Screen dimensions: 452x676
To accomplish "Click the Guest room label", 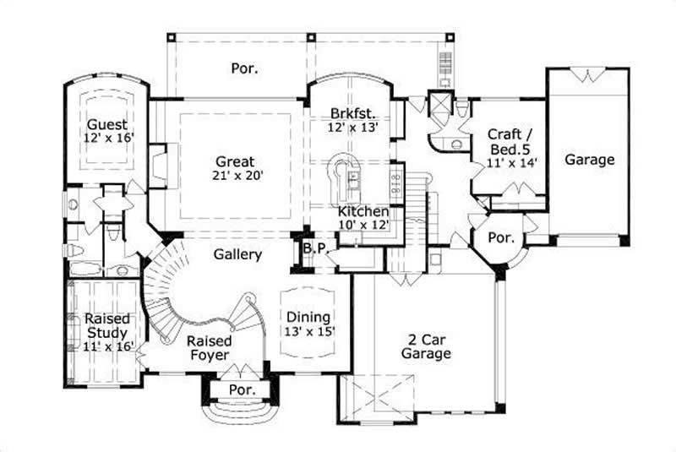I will coord(107,124).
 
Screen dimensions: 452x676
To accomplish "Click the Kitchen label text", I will coord(363,211).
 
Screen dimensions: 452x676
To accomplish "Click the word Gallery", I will coord(237,254).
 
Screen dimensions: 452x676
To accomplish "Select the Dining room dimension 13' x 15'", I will coord(308,330).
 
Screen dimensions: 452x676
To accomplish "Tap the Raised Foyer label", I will coord(210,348).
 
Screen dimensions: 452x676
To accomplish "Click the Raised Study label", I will coord(107,326).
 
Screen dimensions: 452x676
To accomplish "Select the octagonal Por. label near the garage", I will coord(502,238).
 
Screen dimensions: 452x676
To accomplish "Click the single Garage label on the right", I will coord(589,159).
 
